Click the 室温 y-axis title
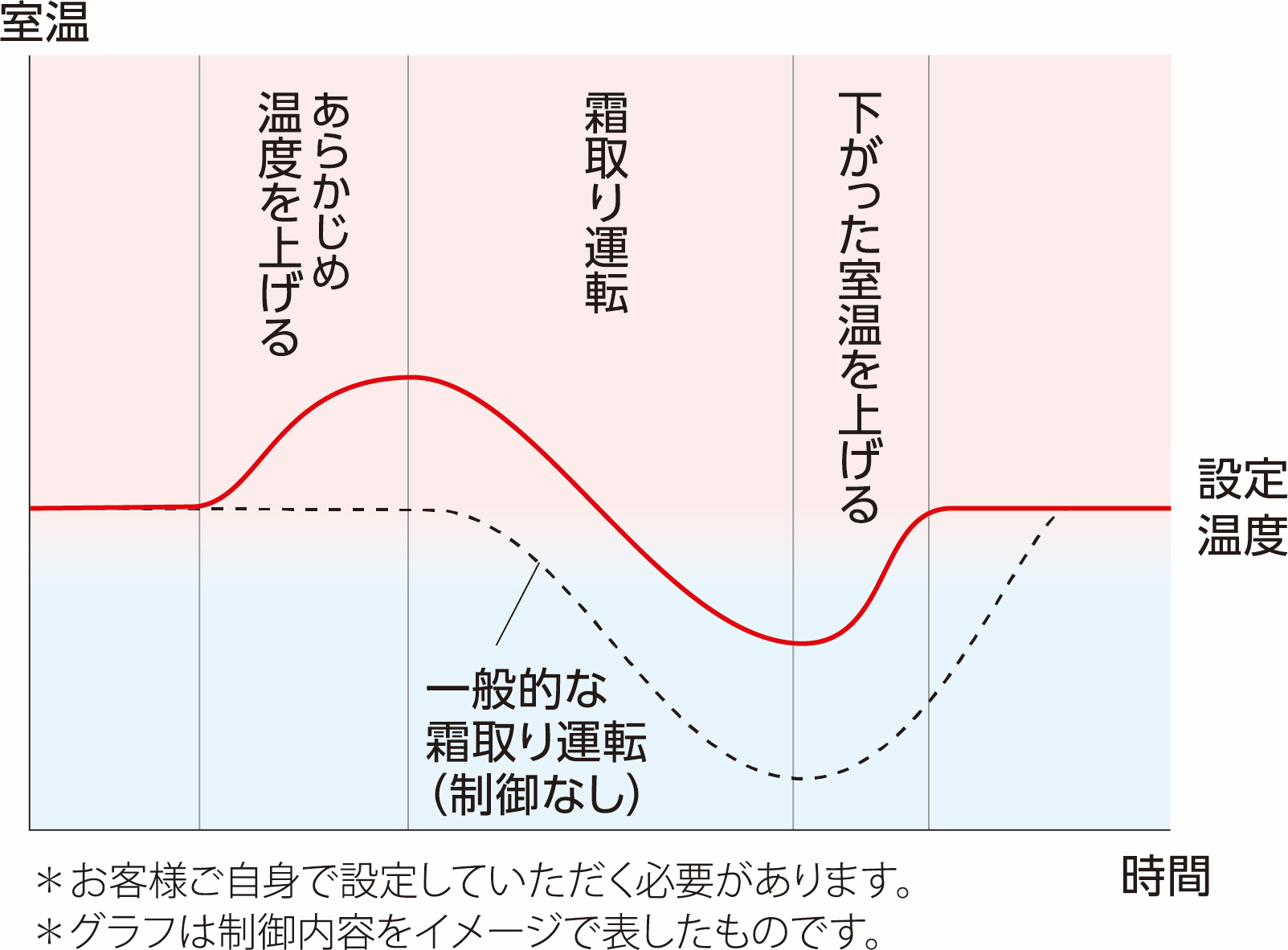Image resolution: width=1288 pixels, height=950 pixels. tap(44, 23)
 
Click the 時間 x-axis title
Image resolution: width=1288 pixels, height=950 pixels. tap(1165, 875)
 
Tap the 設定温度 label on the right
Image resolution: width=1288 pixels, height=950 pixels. tap(1242, 506)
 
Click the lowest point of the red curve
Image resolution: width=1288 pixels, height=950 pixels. tap(801, 643)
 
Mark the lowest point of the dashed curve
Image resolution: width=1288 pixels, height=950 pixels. tap(799, 778)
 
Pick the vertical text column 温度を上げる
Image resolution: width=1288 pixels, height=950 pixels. tap(280, 223)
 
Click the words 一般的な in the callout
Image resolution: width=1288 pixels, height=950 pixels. tap(516, 690)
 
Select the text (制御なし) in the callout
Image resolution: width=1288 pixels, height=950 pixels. tap(536, 794)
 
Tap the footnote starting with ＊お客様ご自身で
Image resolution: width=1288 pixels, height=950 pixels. tap(474, 881)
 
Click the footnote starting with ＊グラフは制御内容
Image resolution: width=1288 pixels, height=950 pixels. tap(458, 931)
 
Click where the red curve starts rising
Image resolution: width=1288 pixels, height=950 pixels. tap(201, 506)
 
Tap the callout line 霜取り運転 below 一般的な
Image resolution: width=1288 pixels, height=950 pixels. tap(536, 741)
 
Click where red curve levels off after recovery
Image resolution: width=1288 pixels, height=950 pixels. tap(948, 508)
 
